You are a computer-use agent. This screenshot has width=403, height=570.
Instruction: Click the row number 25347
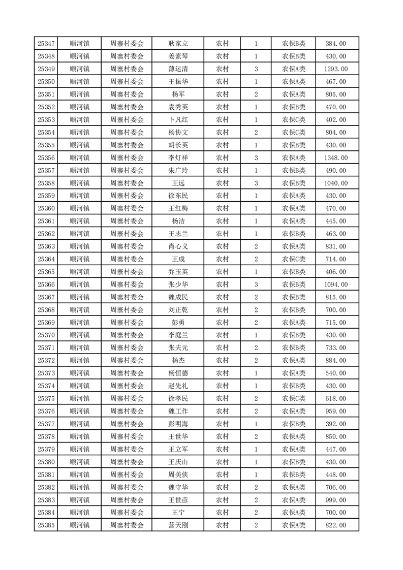tap(46, 44)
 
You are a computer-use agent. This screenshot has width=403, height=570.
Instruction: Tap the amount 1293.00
tap(335, 69)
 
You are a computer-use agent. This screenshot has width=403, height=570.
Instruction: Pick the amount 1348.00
tap(335, 158)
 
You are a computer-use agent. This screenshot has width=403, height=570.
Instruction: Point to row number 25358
tap(46, 183)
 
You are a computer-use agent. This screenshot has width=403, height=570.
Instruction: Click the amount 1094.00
tap(335, 284)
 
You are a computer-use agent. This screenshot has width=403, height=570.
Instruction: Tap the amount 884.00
tap(335, 360)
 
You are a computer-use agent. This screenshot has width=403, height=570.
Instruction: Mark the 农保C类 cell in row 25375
tap(294, 398)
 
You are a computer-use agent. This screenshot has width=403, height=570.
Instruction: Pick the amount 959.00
tap(335, 411)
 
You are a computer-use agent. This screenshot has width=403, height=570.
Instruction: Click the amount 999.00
tap(335, 500)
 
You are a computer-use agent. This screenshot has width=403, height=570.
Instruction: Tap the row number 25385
tap(46, 525)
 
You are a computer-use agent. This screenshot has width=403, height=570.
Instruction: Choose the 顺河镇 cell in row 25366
tap(80, 284)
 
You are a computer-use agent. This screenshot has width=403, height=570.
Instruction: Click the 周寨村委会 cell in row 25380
tap(127, 462)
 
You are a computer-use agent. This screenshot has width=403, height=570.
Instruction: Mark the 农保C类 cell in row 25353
tap(294, 120)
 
